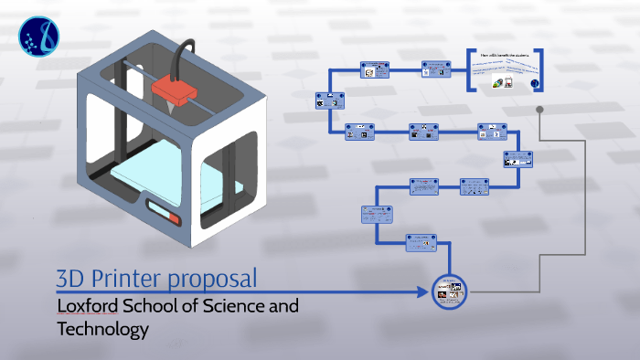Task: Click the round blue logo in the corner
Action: tap(37, 36)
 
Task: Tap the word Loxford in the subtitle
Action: tap(88, 306)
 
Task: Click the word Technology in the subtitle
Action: tap(102, 329)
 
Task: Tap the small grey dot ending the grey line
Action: tap(540, 110)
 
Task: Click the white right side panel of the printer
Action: tap(251, 164)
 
